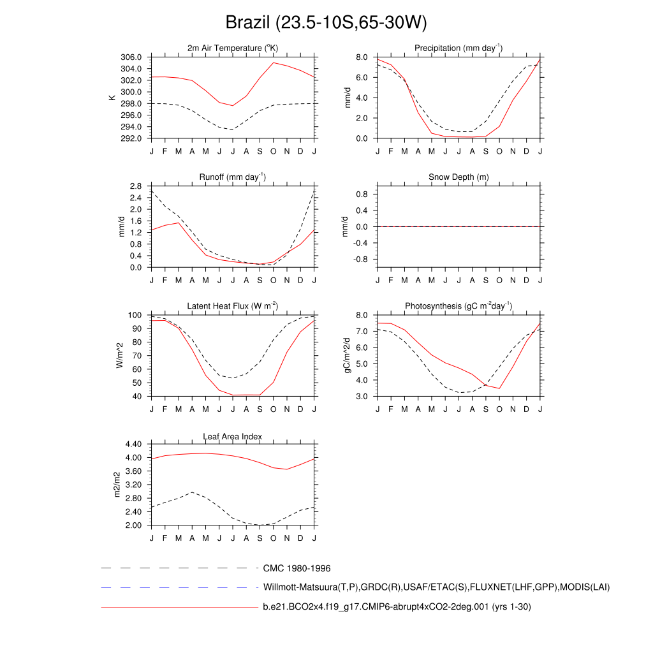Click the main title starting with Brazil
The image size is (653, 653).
point(326,23)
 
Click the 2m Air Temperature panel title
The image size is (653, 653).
point(233,48)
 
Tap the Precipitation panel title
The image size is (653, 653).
point(458,48)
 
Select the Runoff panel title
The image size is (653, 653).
point(233,177)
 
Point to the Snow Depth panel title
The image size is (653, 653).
point(458,177)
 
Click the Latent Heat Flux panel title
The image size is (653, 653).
point(233,307)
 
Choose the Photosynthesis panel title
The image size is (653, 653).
point(458,307)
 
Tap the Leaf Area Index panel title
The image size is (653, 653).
point(233,436)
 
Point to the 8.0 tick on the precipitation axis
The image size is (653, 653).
point(362,57)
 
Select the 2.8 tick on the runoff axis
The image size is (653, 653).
point(135,186)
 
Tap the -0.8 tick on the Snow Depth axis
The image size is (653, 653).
point(360,260)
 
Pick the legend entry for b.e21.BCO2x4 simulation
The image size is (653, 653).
point(397,607)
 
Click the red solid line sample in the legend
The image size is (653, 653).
point(179,608)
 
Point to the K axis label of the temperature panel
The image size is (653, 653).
point(112,98)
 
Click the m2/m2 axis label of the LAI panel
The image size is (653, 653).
point(117,485)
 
